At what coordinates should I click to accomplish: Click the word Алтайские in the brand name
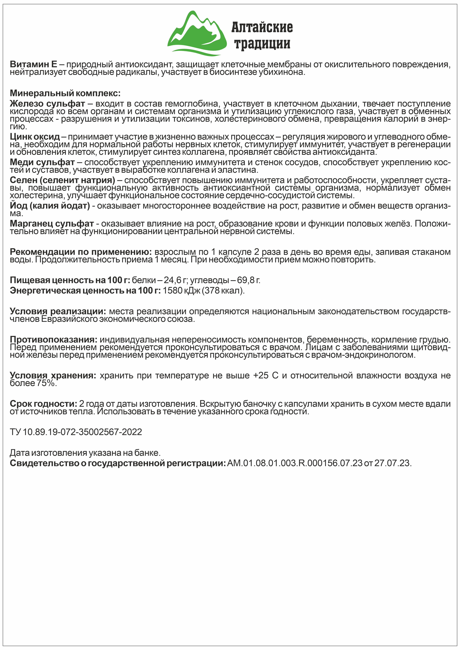pyautogui.click(x=262, y=27)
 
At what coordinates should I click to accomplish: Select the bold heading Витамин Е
pyautogui.click(x=33, y=65)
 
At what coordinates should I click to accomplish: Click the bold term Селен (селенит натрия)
pyautogui.click(x=62, y=180)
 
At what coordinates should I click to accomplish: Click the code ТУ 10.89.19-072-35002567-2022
pyautogui.click(x=76, y=432)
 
